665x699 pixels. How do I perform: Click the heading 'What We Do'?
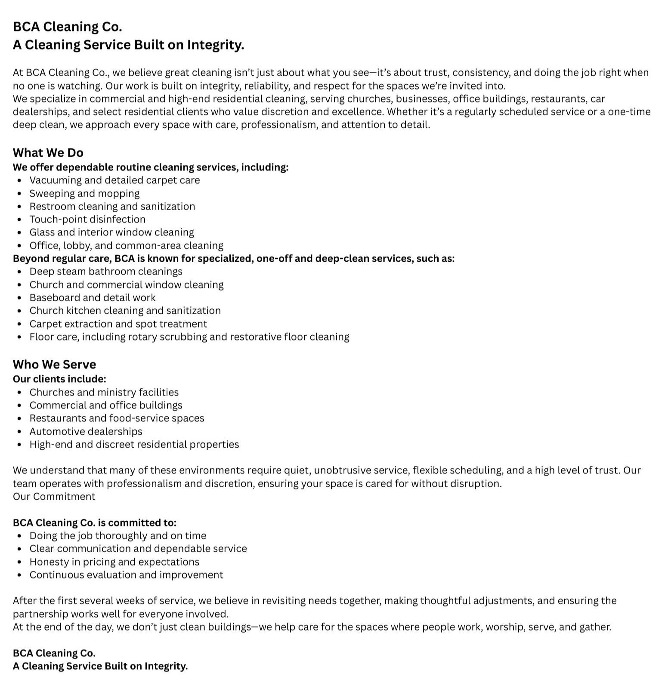click(x=48, y=153)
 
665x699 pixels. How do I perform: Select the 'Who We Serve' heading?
click(x=54, y=365)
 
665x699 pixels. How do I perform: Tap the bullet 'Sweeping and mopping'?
click(x=84, y=194)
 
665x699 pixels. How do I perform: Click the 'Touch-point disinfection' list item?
click(x=87, y=220)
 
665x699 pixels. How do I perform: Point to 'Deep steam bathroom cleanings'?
click(x=106, y=272)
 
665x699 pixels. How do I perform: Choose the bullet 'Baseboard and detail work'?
click(x=93, y=298)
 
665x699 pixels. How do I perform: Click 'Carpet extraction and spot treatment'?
click(x=118, y=324)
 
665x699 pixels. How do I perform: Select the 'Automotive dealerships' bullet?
click(x=86, y=432)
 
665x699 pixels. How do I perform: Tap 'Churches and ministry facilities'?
click(x=104, y=393)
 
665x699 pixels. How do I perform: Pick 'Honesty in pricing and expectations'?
click(x=114, y=562)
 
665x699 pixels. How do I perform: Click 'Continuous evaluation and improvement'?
click(x=126, y=575)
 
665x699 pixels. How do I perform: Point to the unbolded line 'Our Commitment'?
click(x=54, y=497)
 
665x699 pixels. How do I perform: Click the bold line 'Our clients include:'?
click(x=59, y=379)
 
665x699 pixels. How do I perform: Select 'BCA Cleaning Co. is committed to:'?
click(x=95, y=523)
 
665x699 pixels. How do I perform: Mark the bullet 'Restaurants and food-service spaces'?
click(x=117, y=418)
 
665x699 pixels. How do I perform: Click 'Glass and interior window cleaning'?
click(x=111, y=232)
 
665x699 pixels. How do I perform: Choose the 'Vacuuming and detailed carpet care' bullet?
click(x=114, y=180)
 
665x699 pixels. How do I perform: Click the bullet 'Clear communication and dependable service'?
click(x=138, y=549)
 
